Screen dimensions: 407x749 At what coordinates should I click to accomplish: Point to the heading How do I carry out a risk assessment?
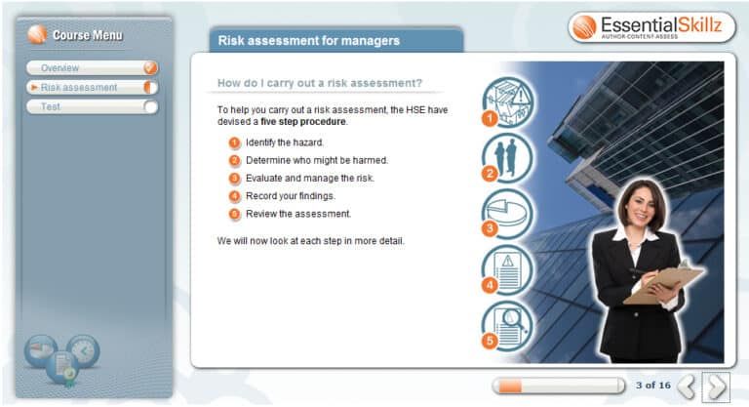(x=319, y=83)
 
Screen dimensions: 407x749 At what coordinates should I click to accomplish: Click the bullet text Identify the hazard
(x=285, y=142)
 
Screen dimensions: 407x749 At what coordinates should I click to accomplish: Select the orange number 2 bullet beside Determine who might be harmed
(x=234, y=160)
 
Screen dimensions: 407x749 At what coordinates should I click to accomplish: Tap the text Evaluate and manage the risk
(x=310, y=178)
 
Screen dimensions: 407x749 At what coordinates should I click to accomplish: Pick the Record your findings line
(x=291, y=196)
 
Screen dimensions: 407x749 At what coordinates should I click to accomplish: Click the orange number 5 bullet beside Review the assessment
(x=234, y=214)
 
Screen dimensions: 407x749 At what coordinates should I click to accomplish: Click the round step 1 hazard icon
(x=508, y=102)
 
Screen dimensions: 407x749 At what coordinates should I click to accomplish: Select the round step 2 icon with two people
(x=508, y=157)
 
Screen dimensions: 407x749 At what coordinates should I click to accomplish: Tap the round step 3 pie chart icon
(x=508, y=213)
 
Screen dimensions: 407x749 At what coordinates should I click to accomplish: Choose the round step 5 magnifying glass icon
(x=508, y=324)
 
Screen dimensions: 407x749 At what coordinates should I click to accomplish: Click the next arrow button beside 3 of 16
(x=717, y=387)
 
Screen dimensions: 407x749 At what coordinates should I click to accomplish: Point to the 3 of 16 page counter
(x=652, y=386)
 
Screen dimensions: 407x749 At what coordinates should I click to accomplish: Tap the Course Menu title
(x=88, y=35)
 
